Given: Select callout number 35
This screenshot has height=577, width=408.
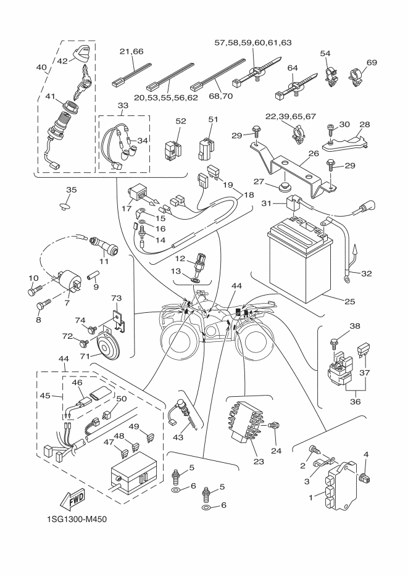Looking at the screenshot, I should [x=72, y=189].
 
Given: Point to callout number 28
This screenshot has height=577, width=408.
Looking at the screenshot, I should [x=365, y=125].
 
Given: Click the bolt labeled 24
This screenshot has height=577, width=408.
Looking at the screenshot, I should [x=276, y=425].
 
